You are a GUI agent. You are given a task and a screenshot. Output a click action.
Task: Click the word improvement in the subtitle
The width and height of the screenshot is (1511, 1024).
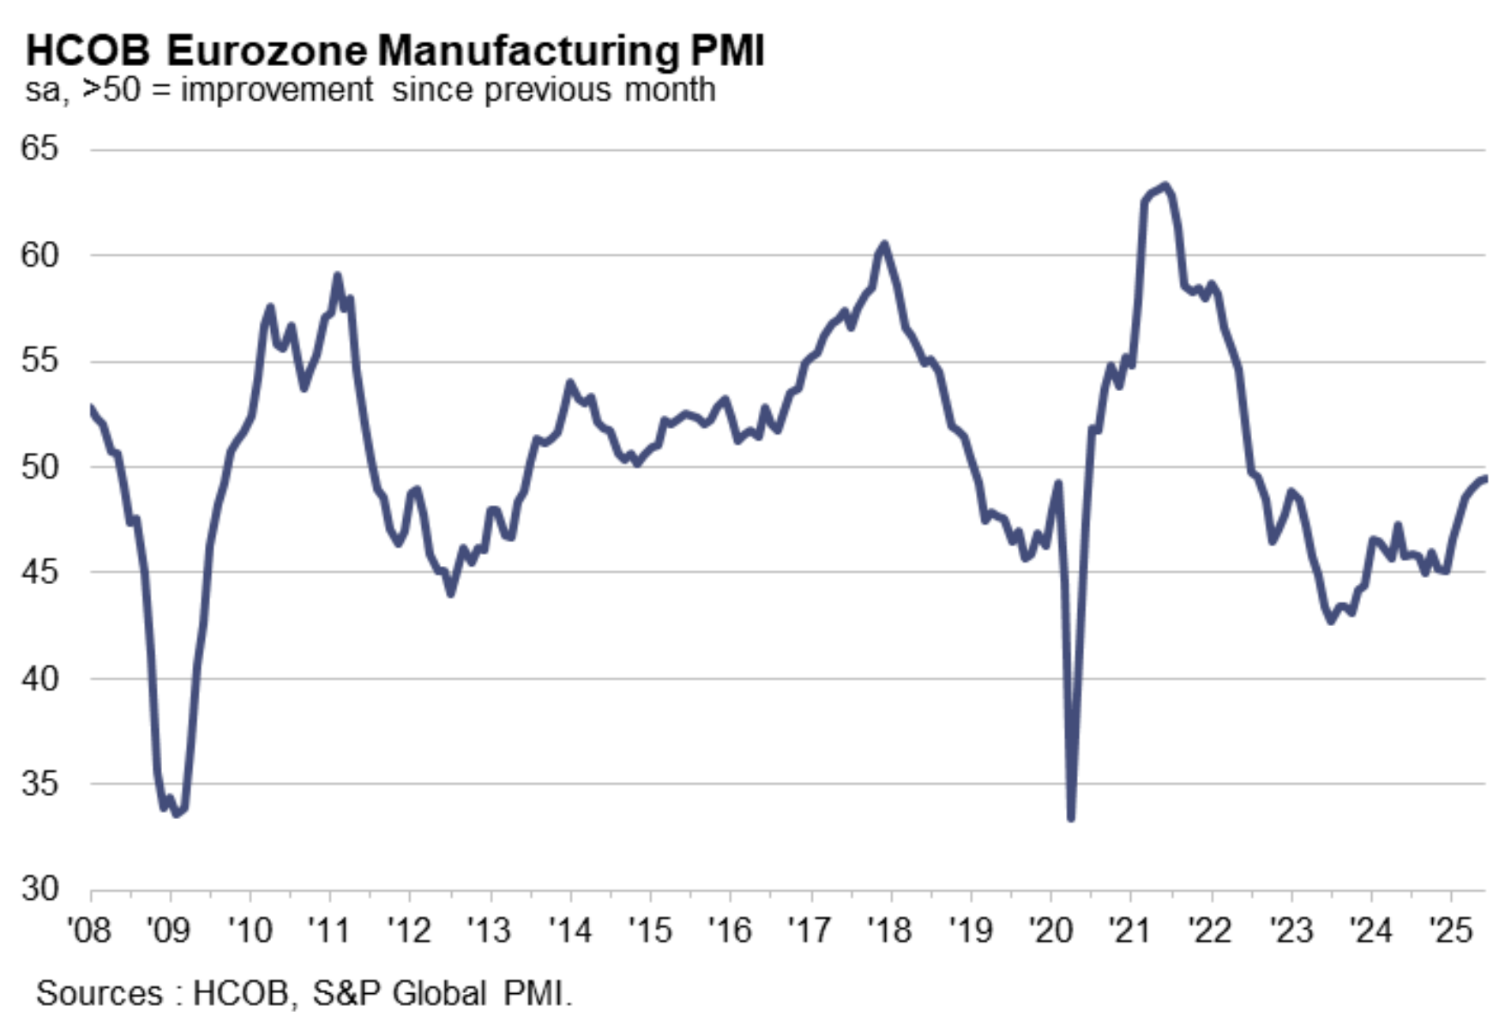coord(277,89)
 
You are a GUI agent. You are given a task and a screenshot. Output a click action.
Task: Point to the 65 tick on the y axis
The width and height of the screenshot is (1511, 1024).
coord(39,148)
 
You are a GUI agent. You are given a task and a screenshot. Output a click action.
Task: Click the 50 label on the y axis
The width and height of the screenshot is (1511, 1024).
coord(39,467)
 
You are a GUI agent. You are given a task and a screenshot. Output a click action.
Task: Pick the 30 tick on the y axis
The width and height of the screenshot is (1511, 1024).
coord(39,888)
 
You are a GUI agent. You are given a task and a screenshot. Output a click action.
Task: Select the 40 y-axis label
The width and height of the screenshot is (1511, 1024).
coord(39,678)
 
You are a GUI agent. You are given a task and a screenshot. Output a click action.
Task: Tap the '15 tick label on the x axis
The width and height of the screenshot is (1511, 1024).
coord(650,930)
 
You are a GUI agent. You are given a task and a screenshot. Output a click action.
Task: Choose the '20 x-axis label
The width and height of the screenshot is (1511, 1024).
coord(1050,930)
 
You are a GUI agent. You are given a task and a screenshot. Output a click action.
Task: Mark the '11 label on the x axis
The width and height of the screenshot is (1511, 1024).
coord(330,930)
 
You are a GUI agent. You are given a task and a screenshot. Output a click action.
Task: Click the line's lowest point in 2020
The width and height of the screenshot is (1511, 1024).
coord(1071,817)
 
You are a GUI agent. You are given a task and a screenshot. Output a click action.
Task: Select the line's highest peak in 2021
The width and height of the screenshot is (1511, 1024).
coord(1164,184)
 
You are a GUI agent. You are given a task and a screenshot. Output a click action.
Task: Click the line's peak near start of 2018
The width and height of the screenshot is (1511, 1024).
coord(884,244)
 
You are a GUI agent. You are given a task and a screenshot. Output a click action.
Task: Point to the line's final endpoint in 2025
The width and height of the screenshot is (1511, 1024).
coord(1484,478)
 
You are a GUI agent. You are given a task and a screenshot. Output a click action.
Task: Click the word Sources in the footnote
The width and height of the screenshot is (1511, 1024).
coord(99,993)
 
